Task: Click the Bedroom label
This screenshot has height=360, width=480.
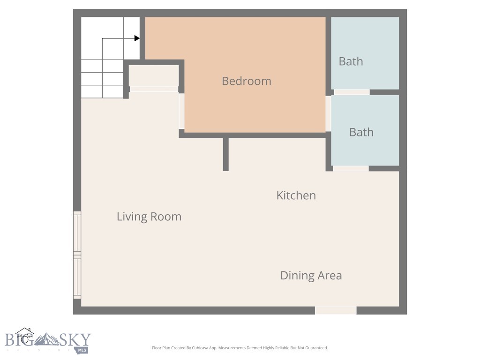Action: (247, 81)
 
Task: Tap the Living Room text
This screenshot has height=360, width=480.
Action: (149, 217)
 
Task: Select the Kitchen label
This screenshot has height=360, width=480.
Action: (296, 195)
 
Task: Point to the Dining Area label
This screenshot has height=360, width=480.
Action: (311, 276)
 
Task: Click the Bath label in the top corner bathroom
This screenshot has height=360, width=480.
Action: (351, 61)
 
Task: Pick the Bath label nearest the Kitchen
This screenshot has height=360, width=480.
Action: (361, 132)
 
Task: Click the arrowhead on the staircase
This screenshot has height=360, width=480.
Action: (137, 38)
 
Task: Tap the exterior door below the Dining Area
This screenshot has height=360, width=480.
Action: (336, 310)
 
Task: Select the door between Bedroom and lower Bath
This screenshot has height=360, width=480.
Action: (328, 113)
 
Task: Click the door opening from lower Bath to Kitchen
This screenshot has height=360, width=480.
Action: (351, 168)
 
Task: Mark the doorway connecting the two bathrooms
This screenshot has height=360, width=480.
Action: (352, 92)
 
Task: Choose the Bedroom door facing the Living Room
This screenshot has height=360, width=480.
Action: (181, 111)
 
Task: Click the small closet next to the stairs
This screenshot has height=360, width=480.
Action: (154, 75)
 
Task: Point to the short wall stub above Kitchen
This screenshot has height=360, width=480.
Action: (225, 154)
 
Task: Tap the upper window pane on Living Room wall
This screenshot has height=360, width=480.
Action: (77, 232)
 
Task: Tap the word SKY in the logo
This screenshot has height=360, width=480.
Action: (74, 340)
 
